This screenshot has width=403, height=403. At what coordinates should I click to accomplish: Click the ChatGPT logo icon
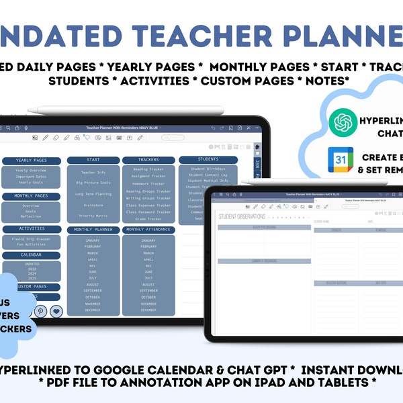click(x=344, y=122)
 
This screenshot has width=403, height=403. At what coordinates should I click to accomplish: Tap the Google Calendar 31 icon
click(x=341, y=160)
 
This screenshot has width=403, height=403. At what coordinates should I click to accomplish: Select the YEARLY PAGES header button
click(x=32, y=161)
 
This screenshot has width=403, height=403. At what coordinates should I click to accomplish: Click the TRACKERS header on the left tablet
click(x=148, y=160)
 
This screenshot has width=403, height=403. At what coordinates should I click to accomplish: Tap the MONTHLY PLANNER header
click(x=93, y=230)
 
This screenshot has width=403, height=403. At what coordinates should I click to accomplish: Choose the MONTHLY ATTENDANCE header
click(x=148, y=230)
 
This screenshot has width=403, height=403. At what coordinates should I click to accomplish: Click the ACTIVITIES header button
click(x=32, y=228)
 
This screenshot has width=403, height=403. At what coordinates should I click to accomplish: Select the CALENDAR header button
click(x=32, y=255)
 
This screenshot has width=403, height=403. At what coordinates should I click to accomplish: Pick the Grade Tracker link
click(x=148, y=219)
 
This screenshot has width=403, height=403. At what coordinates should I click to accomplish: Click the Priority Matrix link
click(x=93, y=216)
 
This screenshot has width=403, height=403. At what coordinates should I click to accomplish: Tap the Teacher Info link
click(x=93, y=173)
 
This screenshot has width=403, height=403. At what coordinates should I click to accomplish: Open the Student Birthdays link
click(x=208, y=169)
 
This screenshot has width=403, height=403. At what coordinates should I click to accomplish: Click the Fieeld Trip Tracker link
click(x=32, y=238)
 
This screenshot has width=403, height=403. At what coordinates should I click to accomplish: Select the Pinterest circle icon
click(x=40, y=311)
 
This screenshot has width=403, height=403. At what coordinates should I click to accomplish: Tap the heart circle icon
click(x=56, y=311)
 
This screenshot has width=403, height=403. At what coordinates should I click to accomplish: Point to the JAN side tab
click(x=257, y=165)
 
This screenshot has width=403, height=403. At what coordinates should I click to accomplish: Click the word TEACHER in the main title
click(x=194, y=35)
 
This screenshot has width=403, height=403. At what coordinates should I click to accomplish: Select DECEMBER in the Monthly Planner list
click(x=93, y=310)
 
